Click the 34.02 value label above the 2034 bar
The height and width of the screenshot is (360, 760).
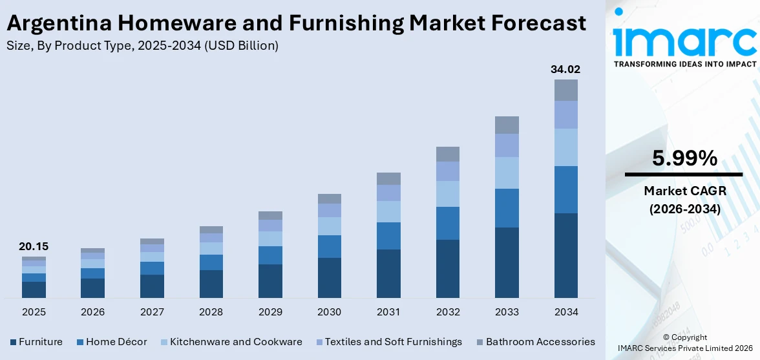[565, 69]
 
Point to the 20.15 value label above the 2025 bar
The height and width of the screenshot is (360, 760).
[34, 246]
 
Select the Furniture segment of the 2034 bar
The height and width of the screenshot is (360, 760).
[565, 255]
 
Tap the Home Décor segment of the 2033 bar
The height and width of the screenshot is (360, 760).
[507, 208]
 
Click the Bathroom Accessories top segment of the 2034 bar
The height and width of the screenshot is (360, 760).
[565, 90]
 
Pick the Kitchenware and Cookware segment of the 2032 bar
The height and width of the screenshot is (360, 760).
[447, 194]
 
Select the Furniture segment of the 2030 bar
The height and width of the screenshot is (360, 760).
[329, 278]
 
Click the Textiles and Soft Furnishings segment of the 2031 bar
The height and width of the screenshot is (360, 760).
[388, 193]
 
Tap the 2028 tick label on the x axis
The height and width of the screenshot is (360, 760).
[211, 312]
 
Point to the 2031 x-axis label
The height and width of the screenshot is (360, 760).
[388, 312]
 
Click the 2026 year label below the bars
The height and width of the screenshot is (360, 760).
[92, 312]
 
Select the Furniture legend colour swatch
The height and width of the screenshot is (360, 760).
[13, 342]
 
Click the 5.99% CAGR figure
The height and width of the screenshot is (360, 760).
[684, 158]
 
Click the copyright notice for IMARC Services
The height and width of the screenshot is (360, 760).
[684, 343]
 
